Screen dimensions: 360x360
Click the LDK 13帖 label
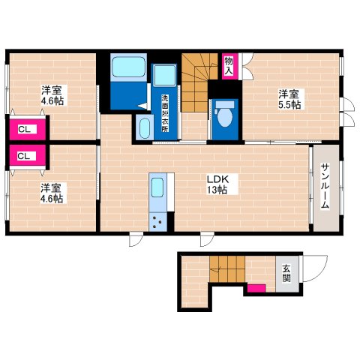tap(217, 184)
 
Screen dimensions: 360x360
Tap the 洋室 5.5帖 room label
tap(289, 99)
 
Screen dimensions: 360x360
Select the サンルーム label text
tap(325, 186)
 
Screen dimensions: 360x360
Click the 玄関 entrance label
tap(286, 274)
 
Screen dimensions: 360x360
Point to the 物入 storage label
tap(229, 66)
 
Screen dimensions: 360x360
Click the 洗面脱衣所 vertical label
tap(165, 113)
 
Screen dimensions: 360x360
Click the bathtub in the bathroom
tap(128, 67)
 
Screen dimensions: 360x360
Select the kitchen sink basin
tap(157, 187)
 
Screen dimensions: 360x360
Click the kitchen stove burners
tap(157, 221)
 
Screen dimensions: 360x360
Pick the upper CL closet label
tap(25, 129)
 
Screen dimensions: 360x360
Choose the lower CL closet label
tap(24, 156)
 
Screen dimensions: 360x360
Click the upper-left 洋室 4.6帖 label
tap(52, 95)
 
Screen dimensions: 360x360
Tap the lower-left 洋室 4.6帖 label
tap(52, 193)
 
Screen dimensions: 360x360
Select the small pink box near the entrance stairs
tap(256, 288)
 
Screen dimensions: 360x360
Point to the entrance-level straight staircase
tap(227, 268)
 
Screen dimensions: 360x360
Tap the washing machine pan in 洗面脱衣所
tap(165, 76)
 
